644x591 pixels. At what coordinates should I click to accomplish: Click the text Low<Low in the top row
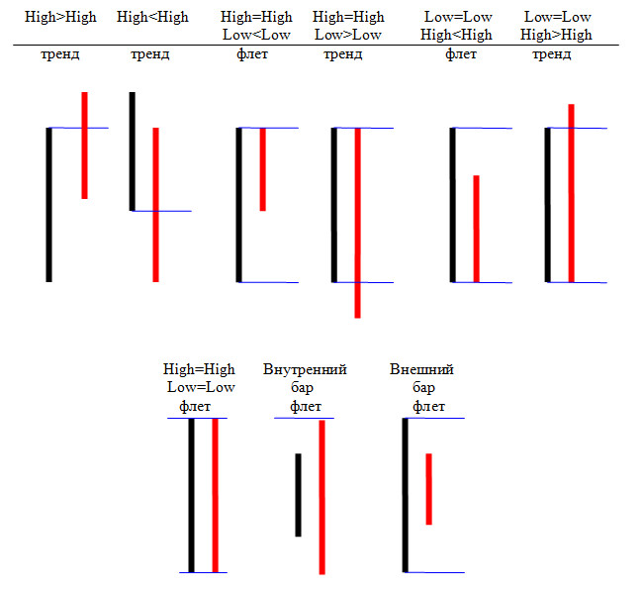tap(256, 35)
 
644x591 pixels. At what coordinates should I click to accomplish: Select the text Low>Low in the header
tap(347, 35)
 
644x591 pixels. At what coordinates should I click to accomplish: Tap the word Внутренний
tap(305, 370)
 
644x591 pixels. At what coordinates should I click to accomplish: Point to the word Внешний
tap(422, 370)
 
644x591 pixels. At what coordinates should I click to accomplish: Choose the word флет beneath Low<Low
tap(252, 53)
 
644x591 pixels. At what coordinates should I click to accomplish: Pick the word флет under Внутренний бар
tap(305, 406)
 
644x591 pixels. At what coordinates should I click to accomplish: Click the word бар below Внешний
tap(423, 388)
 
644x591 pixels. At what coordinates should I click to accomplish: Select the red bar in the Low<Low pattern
tap(262, 168)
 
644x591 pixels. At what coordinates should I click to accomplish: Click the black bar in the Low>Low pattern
tap(334, 205)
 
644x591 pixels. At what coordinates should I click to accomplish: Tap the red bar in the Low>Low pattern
tap(357, 223)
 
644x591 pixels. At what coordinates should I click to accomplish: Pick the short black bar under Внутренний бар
tap(298, 495)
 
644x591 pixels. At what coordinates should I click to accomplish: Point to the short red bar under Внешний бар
tap(428, 489)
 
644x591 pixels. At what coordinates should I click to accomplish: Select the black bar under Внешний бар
tap(405, 495)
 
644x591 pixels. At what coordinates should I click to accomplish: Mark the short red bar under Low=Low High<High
tap(476, 229)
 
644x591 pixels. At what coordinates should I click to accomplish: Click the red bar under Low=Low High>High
tap(571, 193)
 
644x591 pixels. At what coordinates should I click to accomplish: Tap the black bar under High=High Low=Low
tap(192, 495)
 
